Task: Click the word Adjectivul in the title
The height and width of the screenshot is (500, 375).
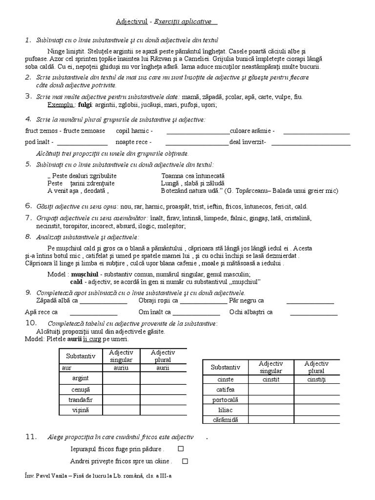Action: [x=131, y=22]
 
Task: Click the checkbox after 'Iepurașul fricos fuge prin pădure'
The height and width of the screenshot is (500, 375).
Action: [x=181, y=449]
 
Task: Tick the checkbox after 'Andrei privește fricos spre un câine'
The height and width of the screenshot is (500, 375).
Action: [x=185, y=460]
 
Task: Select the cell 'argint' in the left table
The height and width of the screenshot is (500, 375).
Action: [x=81, y=378]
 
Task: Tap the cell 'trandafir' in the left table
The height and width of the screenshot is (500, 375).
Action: [x=81, y=400]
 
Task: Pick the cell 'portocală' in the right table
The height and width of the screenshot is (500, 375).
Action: [x=225, y=399]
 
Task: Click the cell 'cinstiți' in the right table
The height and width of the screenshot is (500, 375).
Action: [x=316, y=379]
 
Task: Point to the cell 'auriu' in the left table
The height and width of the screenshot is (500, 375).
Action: [x=121, y=368]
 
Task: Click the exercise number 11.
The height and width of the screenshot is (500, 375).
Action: [x=31, y=437]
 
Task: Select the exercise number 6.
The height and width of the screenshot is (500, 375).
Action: [x=28, y=206]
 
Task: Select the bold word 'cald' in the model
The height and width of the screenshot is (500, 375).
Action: [x=76, y=282]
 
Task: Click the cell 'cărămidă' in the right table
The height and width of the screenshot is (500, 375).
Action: [x=225, y=420]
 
